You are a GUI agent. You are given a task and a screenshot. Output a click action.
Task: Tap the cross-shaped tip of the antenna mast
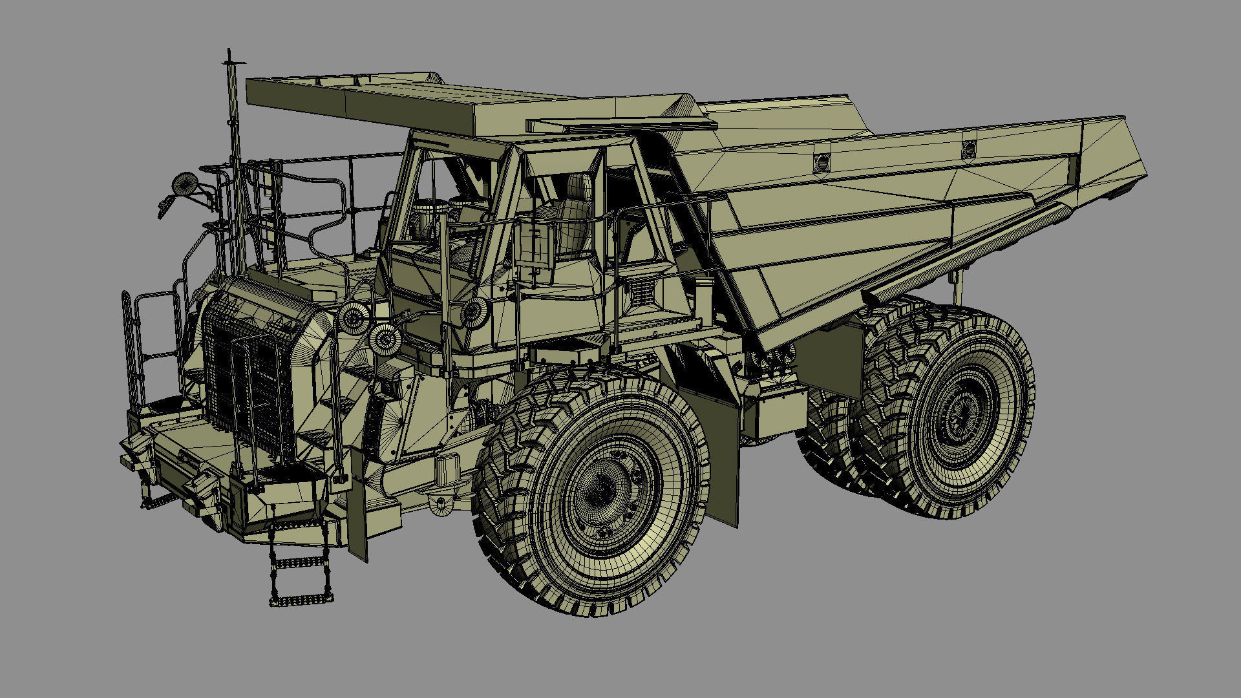point(229,62)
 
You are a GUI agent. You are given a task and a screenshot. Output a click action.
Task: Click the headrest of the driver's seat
point(578,187)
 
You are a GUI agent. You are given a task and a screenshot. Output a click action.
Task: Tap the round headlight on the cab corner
point(475,313)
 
